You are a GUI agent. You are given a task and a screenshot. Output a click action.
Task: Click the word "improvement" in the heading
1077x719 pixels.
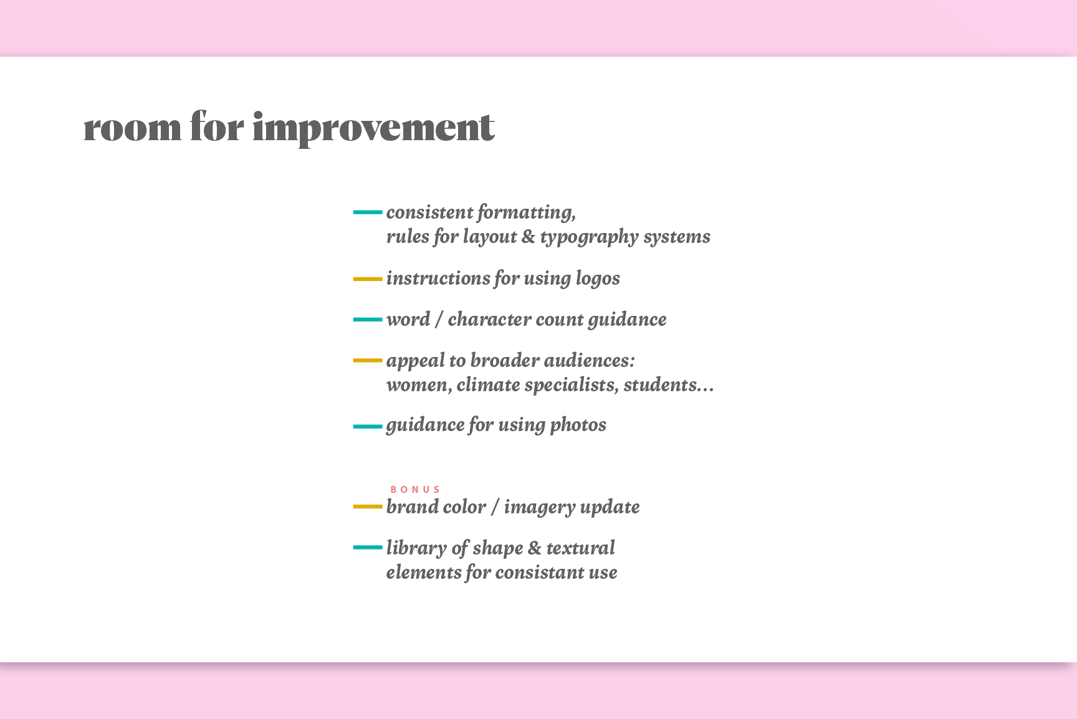pos(373,128)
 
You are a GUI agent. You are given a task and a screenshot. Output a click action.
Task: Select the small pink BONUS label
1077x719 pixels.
pos(415,490)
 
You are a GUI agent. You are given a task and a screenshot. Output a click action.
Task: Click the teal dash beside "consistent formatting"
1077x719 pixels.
pos(368,212)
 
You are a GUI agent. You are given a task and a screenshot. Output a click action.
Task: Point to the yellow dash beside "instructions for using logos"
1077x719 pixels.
pos(368,279)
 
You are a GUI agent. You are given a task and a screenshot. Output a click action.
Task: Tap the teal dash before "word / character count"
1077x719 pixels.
pos(368,320)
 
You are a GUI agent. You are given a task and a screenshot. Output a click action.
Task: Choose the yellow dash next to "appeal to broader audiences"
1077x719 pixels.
pos(368,360)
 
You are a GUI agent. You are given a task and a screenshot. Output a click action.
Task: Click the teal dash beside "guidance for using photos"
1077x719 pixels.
pos(368,427)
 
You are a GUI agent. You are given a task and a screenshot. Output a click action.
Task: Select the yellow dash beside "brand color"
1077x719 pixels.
pos(368,507)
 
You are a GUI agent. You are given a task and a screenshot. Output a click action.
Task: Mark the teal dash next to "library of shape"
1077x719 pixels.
pos(368,548)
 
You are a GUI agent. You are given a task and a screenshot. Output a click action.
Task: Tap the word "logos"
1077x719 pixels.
pos(598,279)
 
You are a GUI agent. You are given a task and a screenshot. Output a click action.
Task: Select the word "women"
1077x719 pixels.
pos(419,386)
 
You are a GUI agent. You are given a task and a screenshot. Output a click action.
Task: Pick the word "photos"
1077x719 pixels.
pos(578,426)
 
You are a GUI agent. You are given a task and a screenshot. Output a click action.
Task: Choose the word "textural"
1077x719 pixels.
pos(580,548)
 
